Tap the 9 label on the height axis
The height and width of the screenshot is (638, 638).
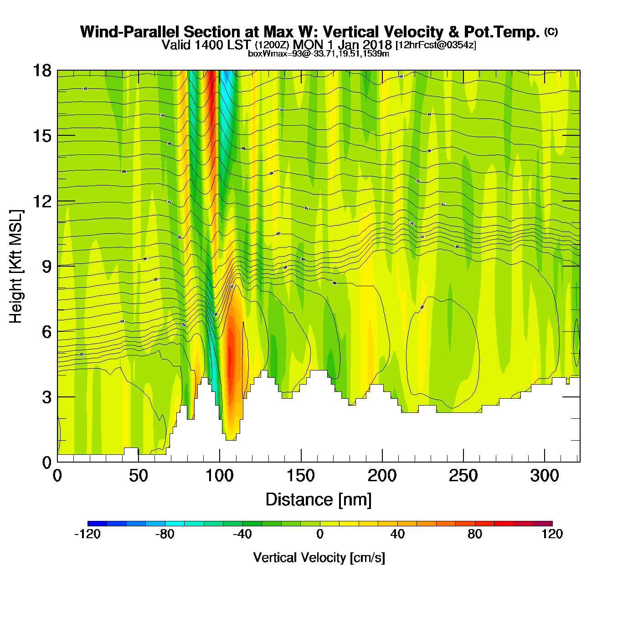46,266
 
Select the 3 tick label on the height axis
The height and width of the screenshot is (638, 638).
46,397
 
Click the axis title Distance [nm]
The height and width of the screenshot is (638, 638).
319,500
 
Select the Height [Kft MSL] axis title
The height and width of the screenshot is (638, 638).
16,266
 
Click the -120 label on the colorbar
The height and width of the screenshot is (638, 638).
87,534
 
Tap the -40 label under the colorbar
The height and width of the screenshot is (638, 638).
242,534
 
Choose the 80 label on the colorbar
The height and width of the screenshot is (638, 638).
475,534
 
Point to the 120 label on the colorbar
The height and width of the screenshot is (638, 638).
552,534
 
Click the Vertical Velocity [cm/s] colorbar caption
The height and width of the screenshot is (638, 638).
319,558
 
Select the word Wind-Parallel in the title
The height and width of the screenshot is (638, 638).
130,32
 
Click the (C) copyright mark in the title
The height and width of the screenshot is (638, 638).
551,31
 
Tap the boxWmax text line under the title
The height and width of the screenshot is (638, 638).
319,54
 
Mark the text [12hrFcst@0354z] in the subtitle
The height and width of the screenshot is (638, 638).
436,45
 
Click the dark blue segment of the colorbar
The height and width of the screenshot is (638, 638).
97,524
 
